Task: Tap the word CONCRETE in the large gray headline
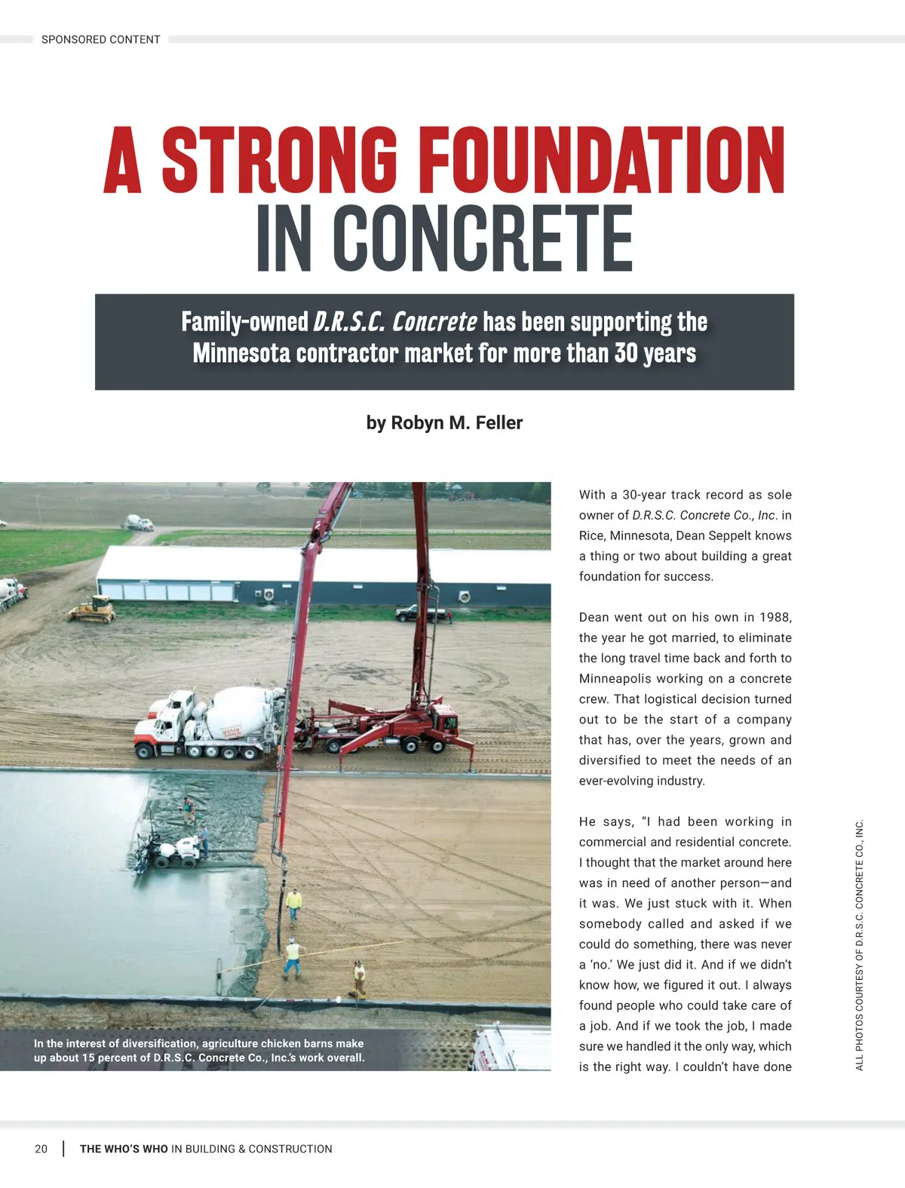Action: [483, 239]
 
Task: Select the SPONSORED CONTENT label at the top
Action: [100, 39]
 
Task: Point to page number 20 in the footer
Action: [41, 1149]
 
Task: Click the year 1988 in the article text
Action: [775, 617]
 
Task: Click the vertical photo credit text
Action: [859, 944]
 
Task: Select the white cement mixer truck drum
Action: [238, 713]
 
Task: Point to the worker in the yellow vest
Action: [293, 901]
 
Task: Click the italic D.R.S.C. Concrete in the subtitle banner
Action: [394, 322]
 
